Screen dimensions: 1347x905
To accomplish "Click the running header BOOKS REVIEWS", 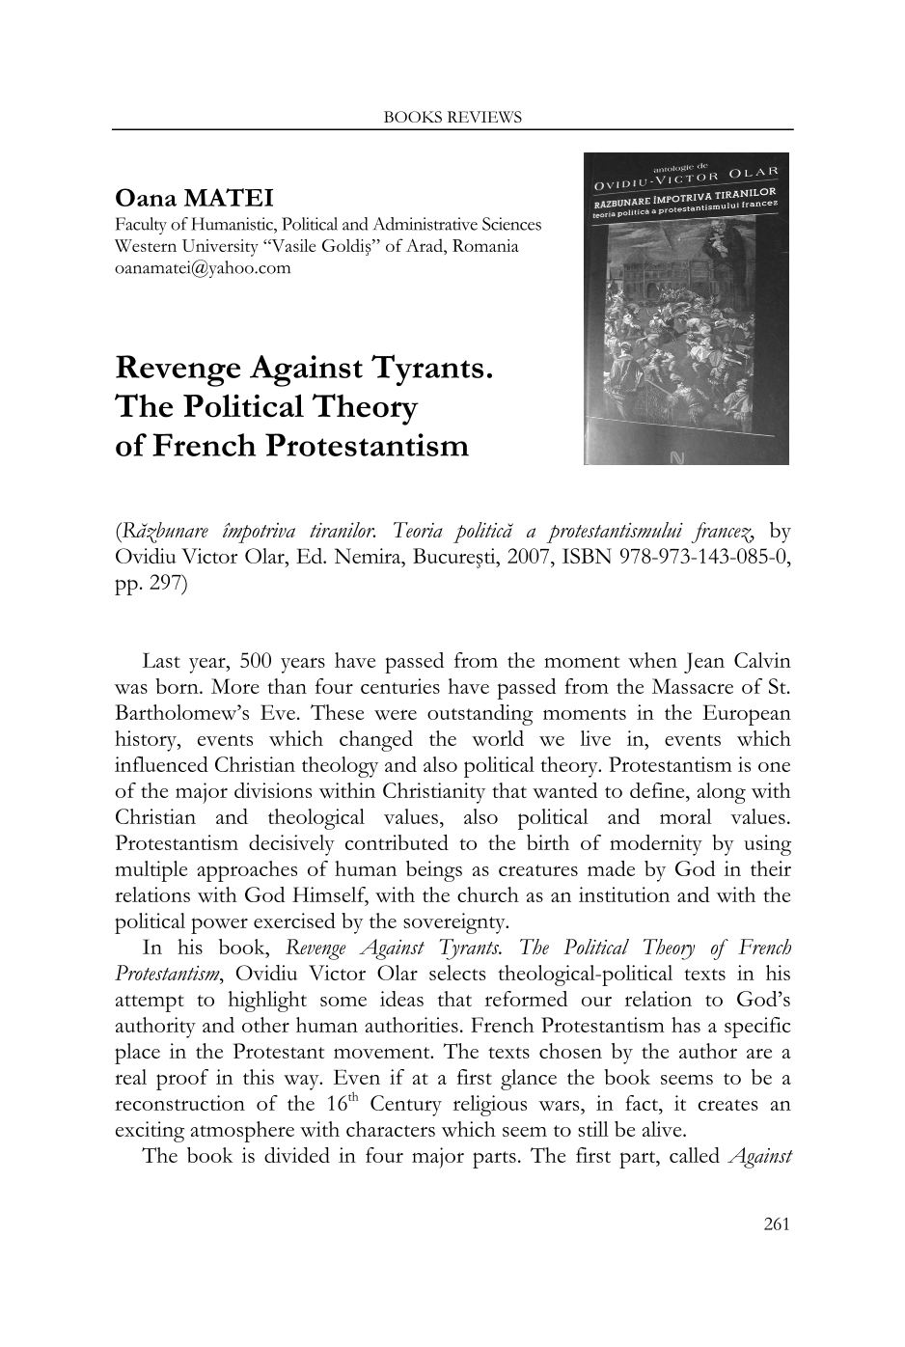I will point(452,118).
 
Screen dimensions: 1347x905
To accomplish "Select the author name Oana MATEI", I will point(194,199).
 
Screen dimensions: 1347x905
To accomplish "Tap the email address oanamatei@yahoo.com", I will point(203,267).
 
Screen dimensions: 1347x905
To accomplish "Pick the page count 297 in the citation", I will point(164,584).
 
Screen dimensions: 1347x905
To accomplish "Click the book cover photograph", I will point(686,309).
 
